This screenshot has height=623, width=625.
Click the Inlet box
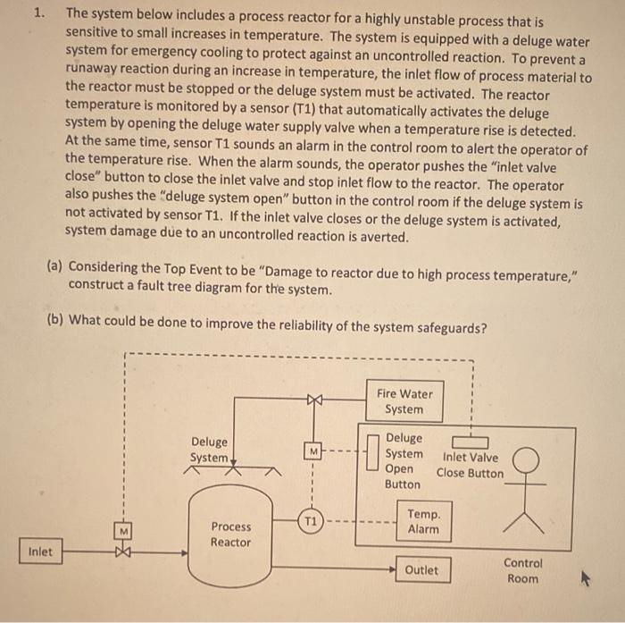[39, 551]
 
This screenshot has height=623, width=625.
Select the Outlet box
[421, 569]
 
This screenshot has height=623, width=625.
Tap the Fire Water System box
[404, 401]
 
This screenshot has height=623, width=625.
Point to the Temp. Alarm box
[422, 521]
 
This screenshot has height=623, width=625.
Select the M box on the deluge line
[311, 452]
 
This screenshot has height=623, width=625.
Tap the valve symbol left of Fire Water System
[312, 400]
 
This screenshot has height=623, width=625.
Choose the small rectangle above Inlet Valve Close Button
[470, 442]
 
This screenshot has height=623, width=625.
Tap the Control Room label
[522, 570]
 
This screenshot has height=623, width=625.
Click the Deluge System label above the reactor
[209, 450]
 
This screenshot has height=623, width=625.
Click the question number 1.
[38, 13]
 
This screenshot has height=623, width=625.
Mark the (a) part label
[54, 266]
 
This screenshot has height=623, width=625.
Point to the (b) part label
[54, 319]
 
